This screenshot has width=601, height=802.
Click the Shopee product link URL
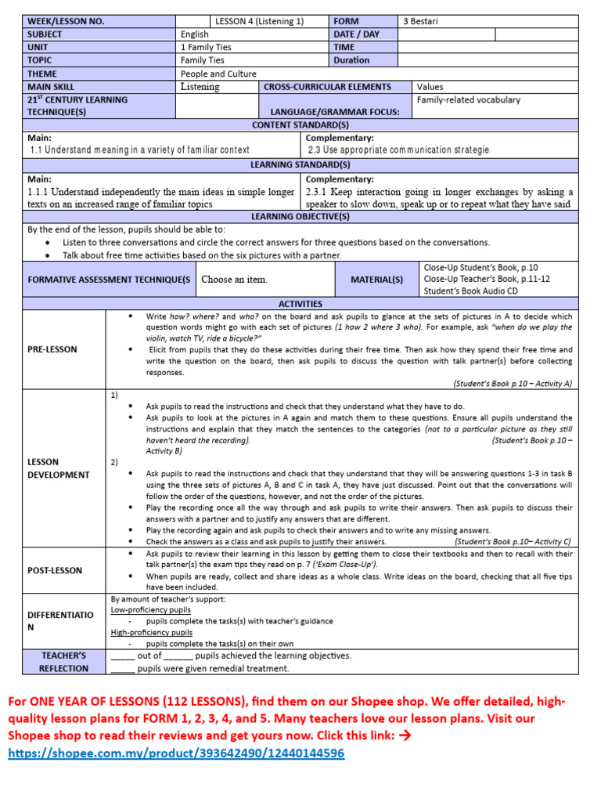tap(175, 753)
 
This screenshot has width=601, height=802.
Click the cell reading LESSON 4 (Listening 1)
tap(259, 21)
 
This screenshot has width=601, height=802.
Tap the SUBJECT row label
tap(45, 34)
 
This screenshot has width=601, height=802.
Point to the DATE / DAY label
tap(356, 34)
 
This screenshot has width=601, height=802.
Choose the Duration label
tap(351, 60)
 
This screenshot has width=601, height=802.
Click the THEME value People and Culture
tap(218, 74)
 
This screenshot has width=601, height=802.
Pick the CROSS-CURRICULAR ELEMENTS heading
tap(326, 87)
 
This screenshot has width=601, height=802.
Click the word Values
tap(430, 87)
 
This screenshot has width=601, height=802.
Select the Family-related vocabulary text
tap(468, 100)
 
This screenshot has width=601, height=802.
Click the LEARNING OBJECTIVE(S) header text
tap(300, 216)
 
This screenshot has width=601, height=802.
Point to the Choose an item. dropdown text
tap(234, 280)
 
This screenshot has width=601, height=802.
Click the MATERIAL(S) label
tap(378, 280)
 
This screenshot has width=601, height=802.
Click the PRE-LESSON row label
tap(52, 349)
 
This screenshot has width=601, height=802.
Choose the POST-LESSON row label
tap(54, 570)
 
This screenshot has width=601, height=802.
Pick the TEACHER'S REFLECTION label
tap(63, 662)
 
